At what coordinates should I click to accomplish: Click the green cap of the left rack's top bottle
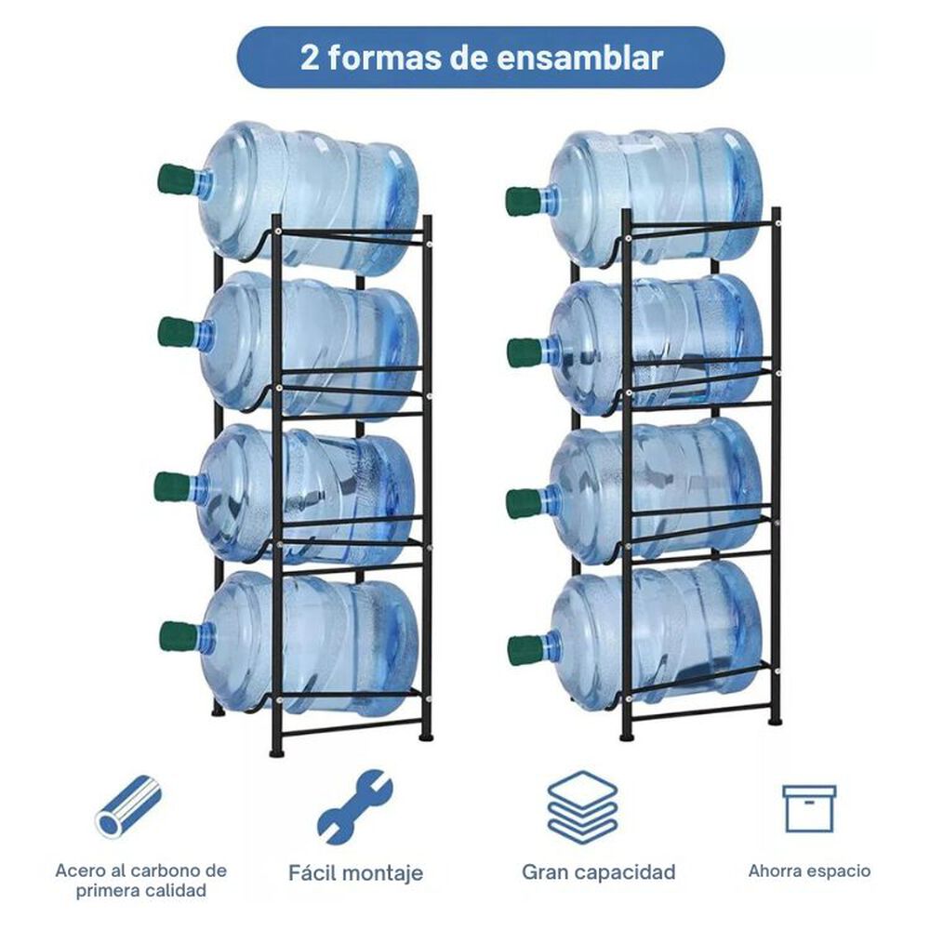pos(177,179)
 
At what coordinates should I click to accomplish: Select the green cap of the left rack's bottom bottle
pos(178,636)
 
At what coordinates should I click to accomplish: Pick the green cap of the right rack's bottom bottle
pos(527,648)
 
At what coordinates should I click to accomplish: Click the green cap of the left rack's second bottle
pos(176,332)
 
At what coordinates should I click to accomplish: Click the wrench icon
pos(354,805)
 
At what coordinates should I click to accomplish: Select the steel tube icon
pos(128,805)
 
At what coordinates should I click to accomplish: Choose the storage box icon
pos(808,808)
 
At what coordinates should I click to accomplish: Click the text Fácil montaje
pos(354,873)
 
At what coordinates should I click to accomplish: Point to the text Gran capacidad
pos(598,872)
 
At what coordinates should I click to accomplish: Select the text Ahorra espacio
pos(809,871)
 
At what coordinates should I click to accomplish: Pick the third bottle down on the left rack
pos(307,493)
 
